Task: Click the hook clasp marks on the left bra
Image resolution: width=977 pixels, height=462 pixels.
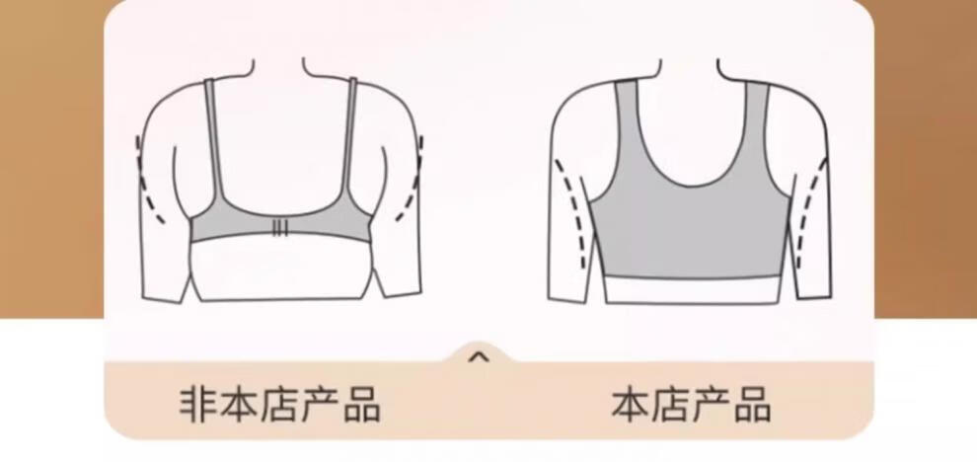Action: [280, 229]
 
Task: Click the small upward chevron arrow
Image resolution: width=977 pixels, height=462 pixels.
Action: [479, 358]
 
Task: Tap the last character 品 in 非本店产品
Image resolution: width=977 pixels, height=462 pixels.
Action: [361, 404]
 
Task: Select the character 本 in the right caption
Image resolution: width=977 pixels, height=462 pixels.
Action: [631, 404]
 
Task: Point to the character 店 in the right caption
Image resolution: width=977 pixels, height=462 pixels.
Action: [670, 404]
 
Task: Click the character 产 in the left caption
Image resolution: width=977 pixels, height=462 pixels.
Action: [321, 404]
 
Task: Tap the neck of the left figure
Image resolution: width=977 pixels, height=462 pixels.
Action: [278, 68]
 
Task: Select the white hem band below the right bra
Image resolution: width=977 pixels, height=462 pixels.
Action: [692, 290]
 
